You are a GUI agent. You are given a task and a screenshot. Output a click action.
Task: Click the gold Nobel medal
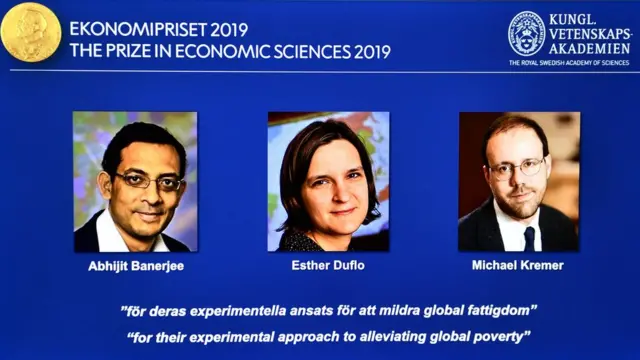click(31, 34)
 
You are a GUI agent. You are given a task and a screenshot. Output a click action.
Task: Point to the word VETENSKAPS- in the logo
click(589, 34)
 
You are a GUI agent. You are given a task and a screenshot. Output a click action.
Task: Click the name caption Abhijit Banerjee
click(134, 268)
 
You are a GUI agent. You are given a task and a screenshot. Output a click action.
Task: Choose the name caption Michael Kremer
click(517, 268)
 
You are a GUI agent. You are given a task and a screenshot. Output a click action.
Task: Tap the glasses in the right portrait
click(516, 167)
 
